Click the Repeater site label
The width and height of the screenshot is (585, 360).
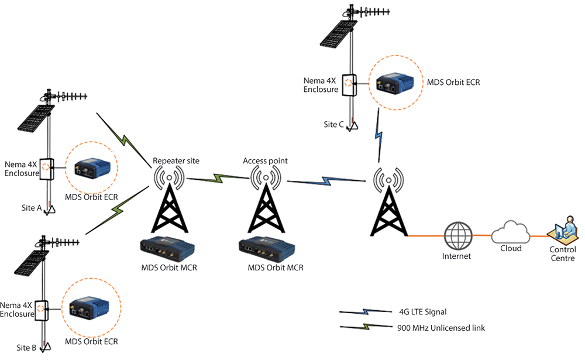tap(176, 161)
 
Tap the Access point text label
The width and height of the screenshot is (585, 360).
tap(265, 161)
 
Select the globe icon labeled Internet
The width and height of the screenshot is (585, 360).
tap(458, 236)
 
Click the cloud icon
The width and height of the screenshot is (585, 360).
tap(510, 232)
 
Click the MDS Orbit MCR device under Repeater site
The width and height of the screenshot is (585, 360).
tap(167, 248)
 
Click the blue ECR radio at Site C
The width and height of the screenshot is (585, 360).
tap(395, 83)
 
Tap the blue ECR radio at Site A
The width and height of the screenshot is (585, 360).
tap(92, 168)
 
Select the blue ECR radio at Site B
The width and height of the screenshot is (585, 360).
tap(90, 308)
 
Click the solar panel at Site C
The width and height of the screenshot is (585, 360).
tap(338, 35)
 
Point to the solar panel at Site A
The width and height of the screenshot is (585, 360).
tap(36, 118)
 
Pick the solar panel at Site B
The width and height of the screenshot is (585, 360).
tap(32, 263)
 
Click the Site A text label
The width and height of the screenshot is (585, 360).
tap(32, 208)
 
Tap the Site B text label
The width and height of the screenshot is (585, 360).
tap(26, 348)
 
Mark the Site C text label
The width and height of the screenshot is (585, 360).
tap(333, 124)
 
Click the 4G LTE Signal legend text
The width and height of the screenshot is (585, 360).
tap(423, 312)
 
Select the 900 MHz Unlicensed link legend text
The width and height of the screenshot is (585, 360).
tap(441, 328)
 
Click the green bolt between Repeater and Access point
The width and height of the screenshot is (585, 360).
tap(218, 178)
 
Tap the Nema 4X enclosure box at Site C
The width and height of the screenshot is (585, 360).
tap(349, 85)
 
